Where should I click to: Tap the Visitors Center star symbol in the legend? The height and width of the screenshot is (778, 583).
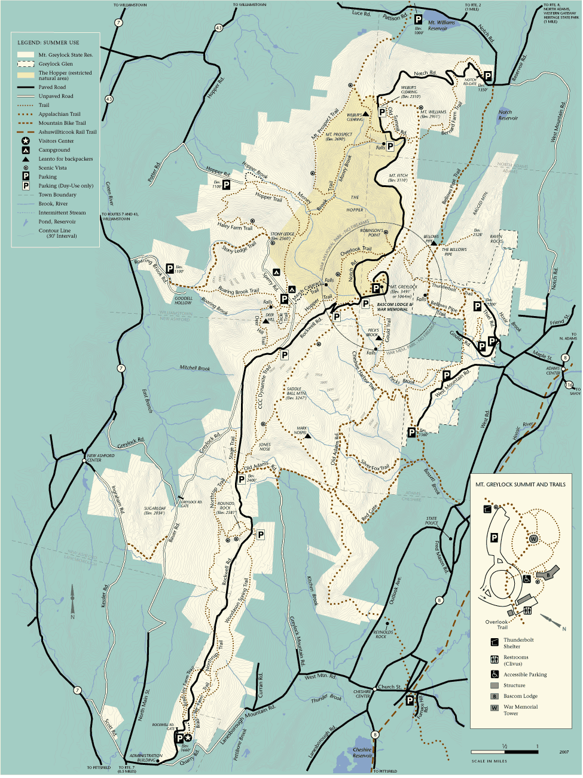26,141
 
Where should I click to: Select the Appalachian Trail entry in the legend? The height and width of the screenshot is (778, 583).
59,114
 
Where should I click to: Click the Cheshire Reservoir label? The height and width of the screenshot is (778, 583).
362,752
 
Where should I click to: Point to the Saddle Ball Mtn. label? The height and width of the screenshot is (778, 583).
297,392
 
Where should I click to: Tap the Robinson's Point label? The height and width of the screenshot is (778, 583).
371,232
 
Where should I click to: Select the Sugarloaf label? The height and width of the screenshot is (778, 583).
154,510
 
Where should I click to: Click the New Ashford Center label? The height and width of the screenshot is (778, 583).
100,458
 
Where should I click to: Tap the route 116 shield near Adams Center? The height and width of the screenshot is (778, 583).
569,385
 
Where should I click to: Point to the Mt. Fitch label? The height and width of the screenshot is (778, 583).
398,177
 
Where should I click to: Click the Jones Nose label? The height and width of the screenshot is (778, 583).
265,446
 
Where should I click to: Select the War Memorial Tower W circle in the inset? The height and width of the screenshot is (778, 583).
533,539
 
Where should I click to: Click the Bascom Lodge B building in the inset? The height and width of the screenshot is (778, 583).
547,575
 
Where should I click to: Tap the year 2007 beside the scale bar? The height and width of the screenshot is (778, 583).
564,752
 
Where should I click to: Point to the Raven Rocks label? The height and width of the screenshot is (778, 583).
496,238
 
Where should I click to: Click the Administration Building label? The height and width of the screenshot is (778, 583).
146,758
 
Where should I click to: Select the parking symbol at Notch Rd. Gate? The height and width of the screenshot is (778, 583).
487,76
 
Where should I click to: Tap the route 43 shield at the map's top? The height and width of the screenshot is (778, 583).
219,27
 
